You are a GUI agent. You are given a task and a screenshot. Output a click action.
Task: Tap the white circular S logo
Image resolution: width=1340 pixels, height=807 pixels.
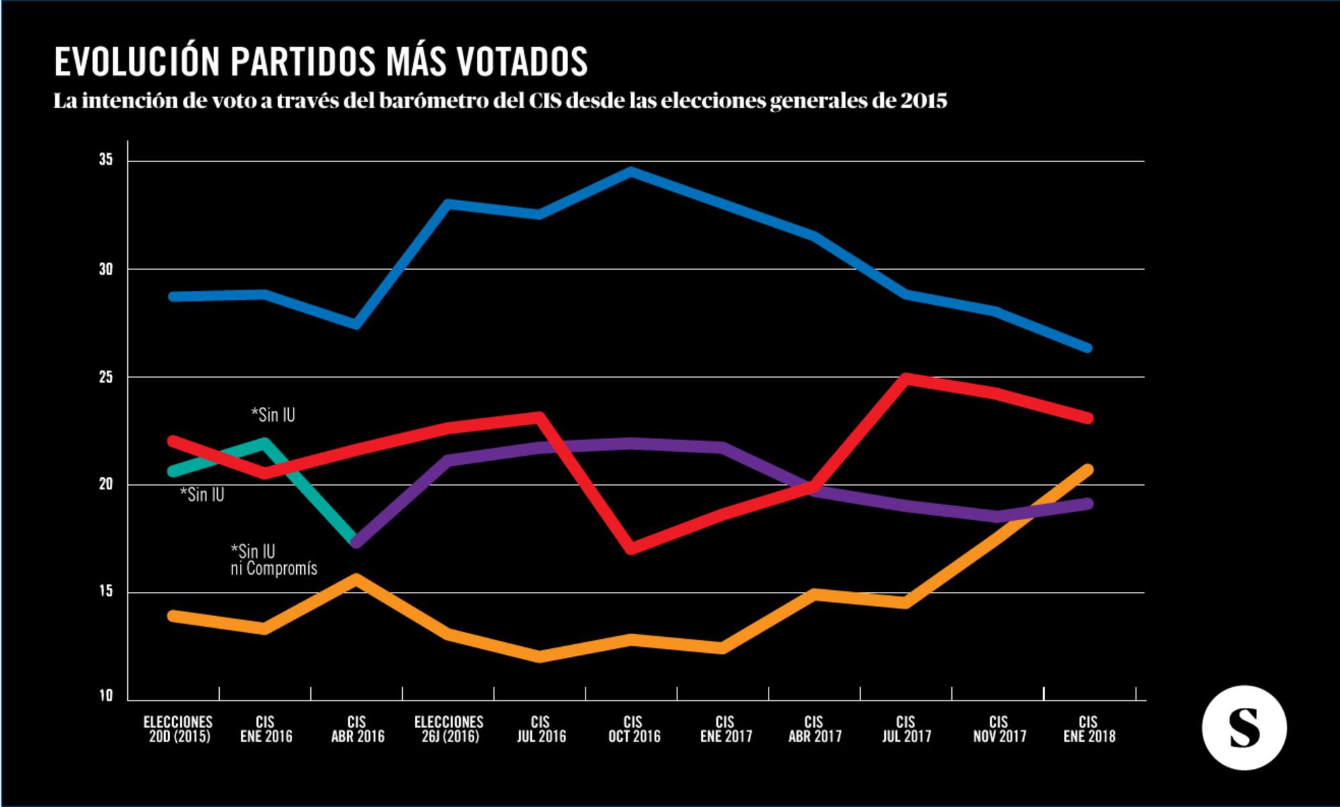tap(1244, 727)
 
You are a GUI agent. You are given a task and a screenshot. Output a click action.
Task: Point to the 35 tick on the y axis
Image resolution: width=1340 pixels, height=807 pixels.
tap(106, 160)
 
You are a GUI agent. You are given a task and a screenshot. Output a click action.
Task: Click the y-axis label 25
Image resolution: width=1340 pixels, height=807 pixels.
tap(106, 377)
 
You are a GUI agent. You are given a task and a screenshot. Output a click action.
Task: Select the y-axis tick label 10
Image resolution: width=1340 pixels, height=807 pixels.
tap(106, 696)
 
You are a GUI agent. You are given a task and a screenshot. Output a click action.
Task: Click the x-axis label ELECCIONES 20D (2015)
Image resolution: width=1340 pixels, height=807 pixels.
tap(178, 729)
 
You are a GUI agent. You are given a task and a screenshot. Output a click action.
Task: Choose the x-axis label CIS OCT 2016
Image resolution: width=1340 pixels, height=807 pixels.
tap(634, 729)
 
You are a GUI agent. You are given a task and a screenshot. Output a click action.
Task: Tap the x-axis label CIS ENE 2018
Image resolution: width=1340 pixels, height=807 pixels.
tap(1089, 729)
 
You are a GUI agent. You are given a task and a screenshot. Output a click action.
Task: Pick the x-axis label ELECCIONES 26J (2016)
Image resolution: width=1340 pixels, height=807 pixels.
tap(449, 729)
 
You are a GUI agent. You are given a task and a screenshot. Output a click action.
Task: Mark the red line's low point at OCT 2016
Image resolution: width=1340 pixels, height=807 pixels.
tap(631, 548)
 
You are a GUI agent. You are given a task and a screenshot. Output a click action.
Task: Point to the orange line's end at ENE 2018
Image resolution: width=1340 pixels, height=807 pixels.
tap(1087, 470)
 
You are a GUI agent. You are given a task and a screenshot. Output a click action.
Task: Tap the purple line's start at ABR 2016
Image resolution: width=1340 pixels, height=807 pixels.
tap(356, 541)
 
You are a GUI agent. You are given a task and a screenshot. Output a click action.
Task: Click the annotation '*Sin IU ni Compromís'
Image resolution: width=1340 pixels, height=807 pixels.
tap(273, 560)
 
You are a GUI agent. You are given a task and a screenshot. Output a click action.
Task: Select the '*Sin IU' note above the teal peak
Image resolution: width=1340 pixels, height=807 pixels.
tap(273, 415)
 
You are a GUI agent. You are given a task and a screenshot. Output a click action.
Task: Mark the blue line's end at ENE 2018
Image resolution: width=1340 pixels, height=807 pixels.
tap(1087, 348)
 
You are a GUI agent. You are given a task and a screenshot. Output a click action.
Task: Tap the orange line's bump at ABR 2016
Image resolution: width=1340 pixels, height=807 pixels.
tap(356, 578)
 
